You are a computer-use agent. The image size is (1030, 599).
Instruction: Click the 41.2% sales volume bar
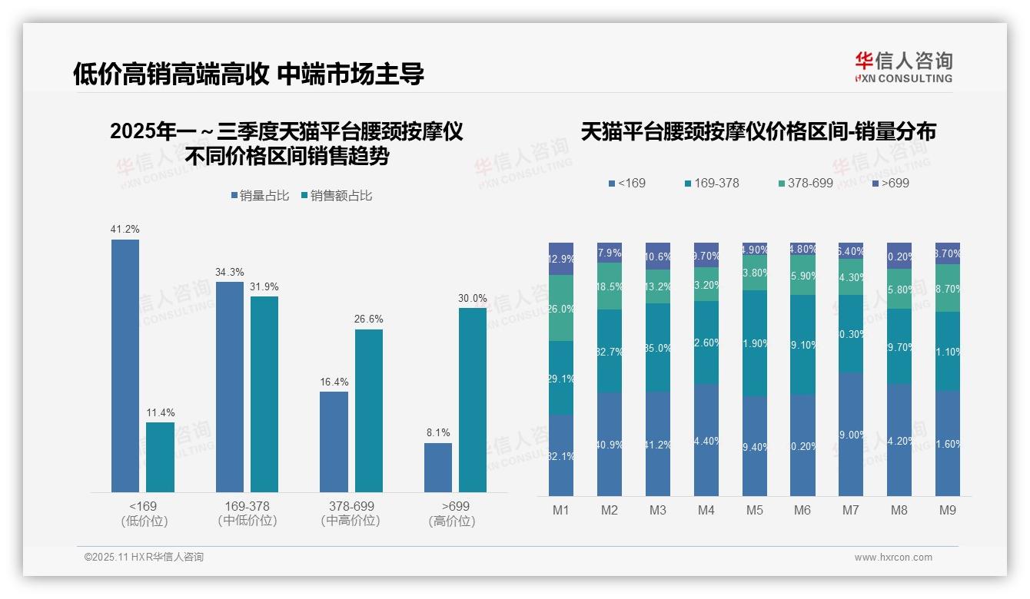pos(125,366)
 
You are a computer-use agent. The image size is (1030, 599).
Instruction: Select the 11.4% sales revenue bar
pos(160,457)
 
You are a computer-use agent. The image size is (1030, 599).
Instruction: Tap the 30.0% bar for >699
pos(473,399)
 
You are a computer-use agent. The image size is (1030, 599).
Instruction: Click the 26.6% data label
pos(369,319)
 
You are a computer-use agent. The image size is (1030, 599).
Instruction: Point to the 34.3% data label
pos(230,272)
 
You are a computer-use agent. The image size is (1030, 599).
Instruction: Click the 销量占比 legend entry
pos(260,196)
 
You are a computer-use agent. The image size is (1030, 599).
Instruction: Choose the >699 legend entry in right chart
pos(891,184)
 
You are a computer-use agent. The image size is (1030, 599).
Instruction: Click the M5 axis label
pos(755,511)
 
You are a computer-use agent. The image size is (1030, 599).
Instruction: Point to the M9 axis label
pos(948,511)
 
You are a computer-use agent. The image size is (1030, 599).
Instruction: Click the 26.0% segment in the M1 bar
pos(561,308)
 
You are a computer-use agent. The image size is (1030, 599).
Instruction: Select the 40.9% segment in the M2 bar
pos(610,444)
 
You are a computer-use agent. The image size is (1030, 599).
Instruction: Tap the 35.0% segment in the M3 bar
pos(658,347)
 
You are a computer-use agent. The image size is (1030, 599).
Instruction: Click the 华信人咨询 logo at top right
pos(903,67)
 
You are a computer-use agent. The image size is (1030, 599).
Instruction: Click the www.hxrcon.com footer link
pos(893,558)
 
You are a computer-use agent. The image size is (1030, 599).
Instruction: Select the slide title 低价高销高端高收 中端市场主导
pos(248,74)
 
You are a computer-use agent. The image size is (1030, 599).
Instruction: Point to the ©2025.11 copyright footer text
pos(144,558)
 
